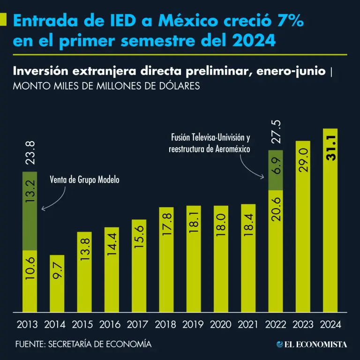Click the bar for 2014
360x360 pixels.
tap(57, 283)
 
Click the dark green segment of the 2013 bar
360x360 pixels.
tap(30, 211)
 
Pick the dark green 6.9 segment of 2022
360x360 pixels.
tap(276, 170)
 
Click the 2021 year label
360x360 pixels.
tap(248, 324)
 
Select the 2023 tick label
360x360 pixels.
tap(303, 324)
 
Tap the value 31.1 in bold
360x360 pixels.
tap(331, 149)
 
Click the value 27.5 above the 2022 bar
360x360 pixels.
tap(277, 132)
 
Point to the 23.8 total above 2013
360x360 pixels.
tap(30, 153)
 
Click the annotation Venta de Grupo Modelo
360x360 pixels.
tap(84, 180)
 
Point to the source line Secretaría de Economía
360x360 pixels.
tap(83, 344)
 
